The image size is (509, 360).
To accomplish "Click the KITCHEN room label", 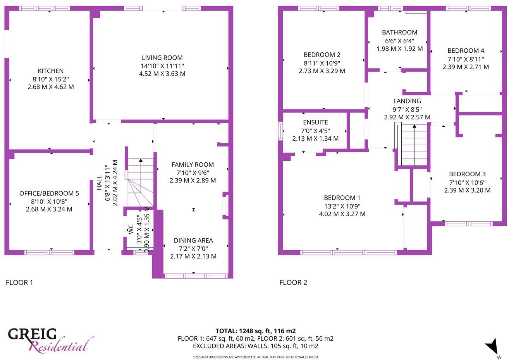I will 50,71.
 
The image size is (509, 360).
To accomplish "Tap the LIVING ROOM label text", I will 162,58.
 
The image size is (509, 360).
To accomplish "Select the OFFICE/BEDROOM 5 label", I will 49,193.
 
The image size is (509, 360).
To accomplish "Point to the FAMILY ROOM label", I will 193,165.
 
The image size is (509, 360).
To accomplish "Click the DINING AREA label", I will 193,241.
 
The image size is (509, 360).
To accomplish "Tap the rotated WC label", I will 131,229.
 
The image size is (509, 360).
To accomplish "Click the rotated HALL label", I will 99,183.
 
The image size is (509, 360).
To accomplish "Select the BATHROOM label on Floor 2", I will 399,33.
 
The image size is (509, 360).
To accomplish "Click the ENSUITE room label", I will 315,122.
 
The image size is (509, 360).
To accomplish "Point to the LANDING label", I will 407,101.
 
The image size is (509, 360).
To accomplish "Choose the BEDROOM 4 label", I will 466,51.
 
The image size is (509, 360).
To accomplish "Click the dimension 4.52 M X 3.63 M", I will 162,74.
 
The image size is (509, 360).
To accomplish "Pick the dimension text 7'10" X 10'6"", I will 467,183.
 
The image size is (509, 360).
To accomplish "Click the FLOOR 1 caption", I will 19,282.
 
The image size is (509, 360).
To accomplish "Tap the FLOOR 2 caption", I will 293,282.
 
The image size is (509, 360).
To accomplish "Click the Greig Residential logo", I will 50,340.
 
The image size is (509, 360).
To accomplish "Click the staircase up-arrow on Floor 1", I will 140,160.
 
